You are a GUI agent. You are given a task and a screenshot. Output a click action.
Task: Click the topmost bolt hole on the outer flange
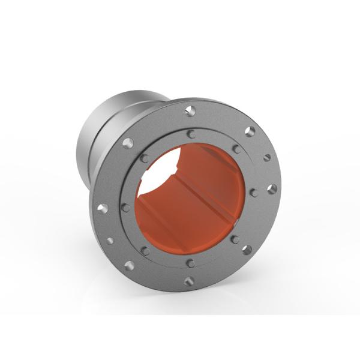(x=190, y=110)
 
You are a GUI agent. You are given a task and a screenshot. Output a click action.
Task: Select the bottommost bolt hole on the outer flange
(x=189, y=280)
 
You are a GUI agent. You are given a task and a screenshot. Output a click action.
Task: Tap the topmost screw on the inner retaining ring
(x=191, y=133)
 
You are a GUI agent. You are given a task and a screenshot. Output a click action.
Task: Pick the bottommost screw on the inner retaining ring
(x=190, y=263)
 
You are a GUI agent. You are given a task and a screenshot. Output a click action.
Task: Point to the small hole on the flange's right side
(x=267, y=158)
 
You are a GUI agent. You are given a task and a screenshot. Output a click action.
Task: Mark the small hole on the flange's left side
(x=110, y=241)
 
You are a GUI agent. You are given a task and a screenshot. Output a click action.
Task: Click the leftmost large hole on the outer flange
(x=103, y=208)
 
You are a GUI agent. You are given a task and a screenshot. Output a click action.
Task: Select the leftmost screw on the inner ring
(x=125, y=207)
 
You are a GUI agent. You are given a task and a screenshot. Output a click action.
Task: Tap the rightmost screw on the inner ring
(x=254, y=193)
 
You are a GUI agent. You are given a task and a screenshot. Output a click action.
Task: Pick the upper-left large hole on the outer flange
(x=128, y=143)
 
